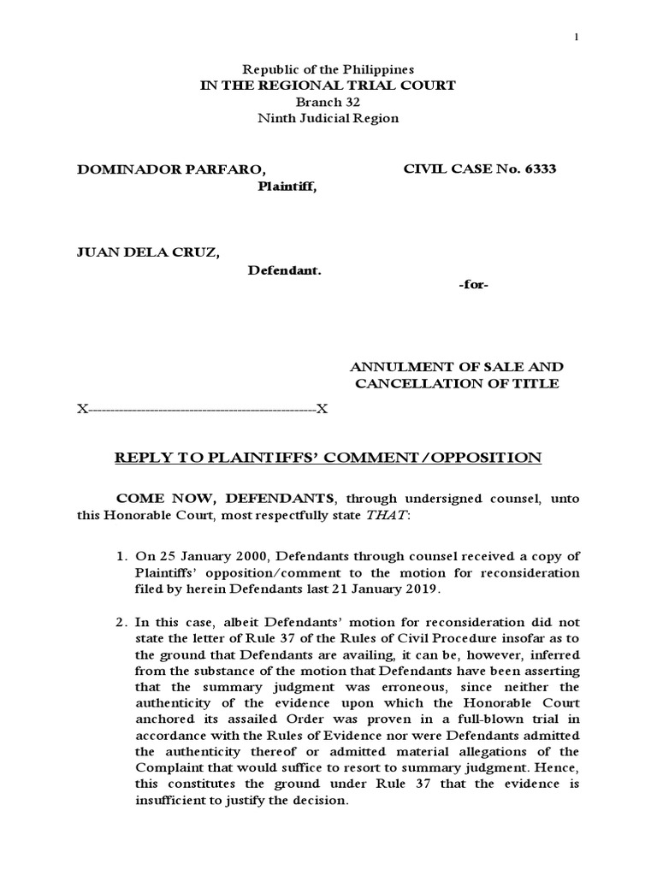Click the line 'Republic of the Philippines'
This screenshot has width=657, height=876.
click(x=328, y=68)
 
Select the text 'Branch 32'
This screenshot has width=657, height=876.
click(x=328, y=102)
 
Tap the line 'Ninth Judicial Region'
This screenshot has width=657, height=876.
click(x=328, y=118)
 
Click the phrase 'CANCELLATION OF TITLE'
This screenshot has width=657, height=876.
click(x=457, y=383)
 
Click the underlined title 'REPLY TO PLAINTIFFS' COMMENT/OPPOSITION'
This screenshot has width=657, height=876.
click(x=328, y=459)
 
